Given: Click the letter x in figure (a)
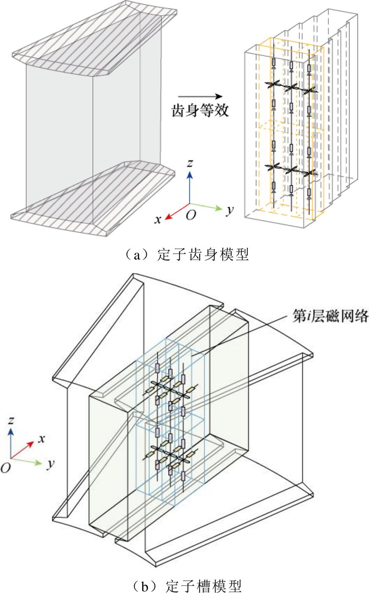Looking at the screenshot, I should tap(158, 220).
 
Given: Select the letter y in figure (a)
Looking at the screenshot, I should tap(229, 210).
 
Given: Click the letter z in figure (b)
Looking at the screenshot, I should tap(11, 420).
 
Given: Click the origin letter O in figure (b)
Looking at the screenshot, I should tap(5, 468).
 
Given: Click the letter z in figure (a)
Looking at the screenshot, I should tap(191, 163).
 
